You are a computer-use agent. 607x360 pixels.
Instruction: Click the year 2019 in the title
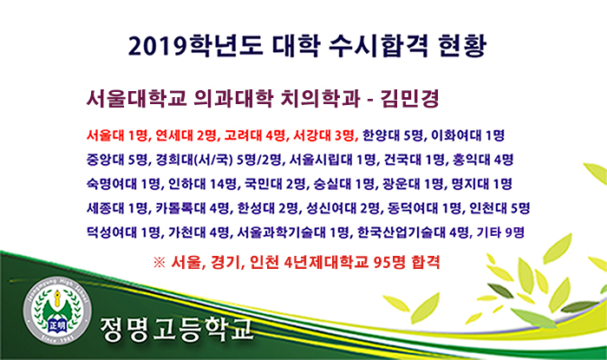coord(157,46)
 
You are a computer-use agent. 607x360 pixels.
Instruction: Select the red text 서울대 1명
coord(116,135)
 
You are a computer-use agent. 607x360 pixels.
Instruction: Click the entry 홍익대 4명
coord(483,159)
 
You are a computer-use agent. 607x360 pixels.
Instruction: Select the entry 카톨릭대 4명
coord(193,208)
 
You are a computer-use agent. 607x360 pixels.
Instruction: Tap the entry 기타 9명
coord(500,232)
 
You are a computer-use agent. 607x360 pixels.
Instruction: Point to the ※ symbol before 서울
coord(159,263)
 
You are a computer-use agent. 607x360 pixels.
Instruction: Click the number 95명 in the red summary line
coord(390,263)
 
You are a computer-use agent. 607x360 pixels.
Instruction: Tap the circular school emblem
coord(57,311)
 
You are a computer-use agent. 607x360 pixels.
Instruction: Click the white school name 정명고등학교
coord(177,329)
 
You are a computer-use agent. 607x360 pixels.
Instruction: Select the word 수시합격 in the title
coord(378,46)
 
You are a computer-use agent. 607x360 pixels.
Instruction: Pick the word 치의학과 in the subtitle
coord(319,98)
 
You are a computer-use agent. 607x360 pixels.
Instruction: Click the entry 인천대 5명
coord(499,208)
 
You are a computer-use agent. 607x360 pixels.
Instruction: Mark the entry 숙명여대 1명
coord(123,184)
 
